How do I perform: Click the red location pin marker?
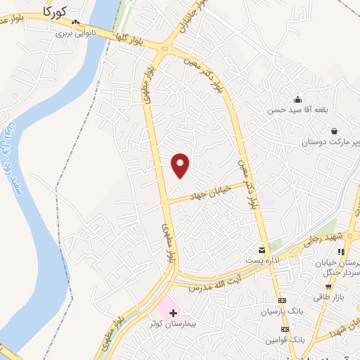tap(181, 165)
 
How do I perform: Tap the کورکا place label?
tap(53, 11)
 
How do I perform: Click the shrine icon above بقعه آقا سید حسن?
tap(298, 99)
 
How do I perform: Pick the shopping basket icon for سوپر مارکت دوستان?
tap(333, 131)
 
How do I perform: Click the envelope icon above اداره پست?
tap(262, 250)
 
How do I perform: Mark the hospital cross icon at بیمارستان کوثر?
tap(173, 311)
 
